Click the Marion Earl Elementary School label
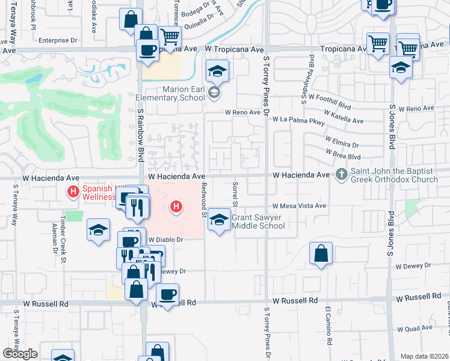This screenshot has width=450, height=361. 167,93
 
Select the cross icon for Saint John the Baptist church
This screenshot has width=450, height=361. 341,174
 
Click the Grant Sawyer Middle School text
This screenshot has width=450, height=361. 258,221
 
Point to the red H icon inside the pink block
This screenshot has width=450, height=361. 176,208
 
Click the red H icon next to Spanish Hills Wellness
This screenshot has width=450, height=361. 73,193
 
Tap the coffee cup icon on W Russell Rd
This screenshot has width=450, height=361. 167,295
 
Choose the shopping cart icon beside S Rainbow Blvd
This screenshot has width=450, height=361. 170,36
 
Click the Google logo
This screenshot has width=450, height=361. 20,353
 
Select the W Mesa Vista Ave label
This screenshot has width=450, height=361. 298,206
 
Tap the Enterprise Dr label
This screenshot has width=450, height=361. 58,40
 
